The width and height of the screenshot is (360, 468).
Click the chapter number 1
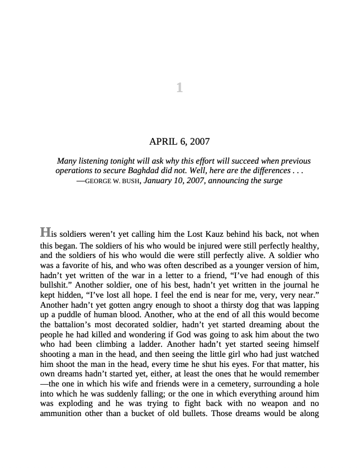pyautogui.click(x=179, y=88)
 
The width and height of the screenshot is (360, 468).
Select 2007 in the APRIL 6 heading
pyautogui.click(x=199, y=142)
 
